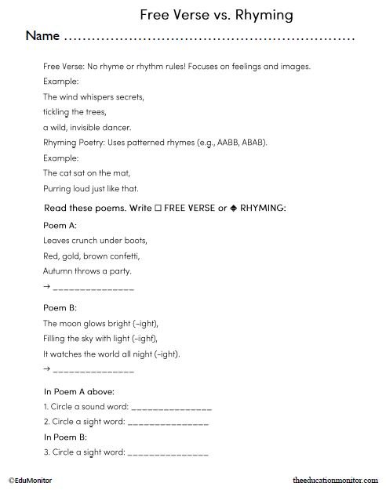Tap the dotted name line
click(x=209, y=38)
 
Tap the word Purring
click(x=57, y=188)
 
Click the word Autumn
click(x=59, y=270)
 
